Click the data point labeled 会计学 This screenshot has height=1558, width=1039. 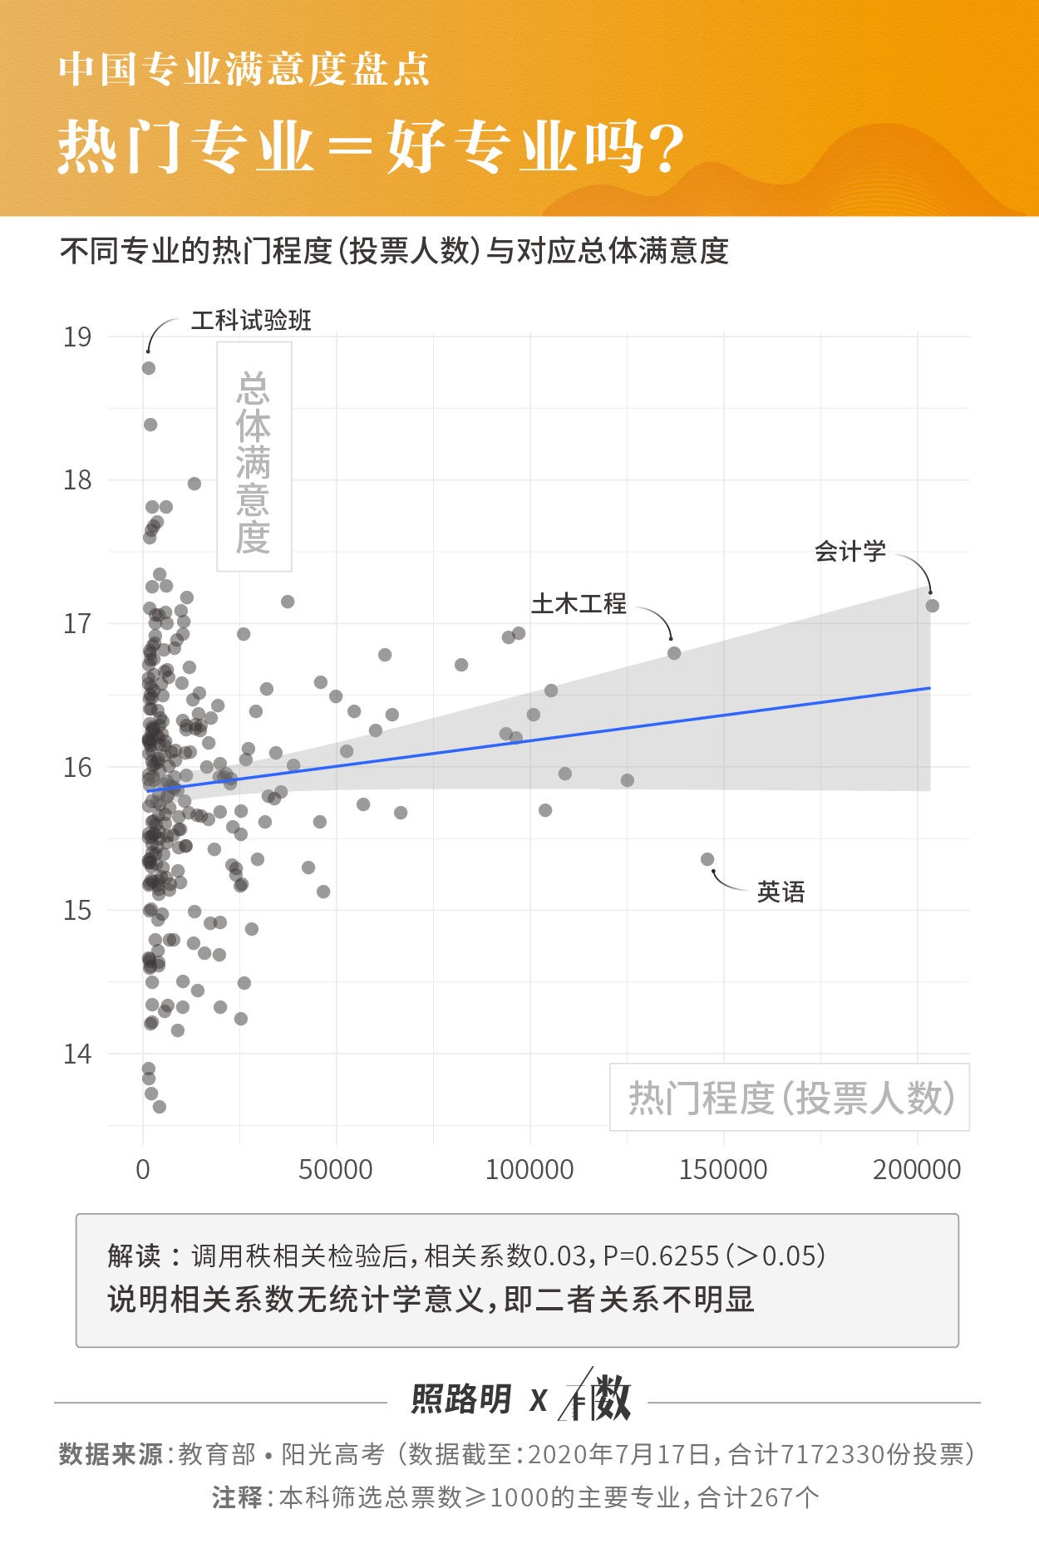click(x=932, y=606)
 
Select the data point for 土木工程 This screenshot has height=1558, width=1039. click(x=674, y=653)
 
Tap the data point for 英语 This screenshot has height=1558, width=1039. click(x=707, y=859)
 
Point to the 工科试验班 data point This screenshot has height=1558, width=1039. click(x=149, y=368)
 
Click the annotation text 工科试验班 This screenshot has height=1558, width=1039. click(x=251, y=321)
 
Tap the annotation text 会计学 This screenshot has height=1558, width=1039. click(x=849, y=552)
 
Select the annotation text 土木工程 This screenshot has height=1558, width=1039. click(x=579, y=603)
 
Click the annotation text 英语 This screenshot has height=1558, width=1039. click(x=780, y=892)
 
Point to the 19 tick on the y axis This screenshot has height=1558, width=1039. click(x=77, y=337)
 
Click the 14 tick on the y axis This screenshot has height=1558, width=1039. click(x=77, y=1054)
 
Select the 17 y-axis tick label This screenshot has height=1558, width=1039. click(x=77, y=624)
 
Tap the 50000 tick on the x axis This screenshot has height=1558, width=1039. click(x=336, y=1170)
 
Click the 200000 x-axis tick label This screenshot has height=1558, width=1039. click(x=916, y=1170)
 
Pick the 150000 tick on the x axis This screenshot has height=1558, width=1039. click(x=723, y=1170)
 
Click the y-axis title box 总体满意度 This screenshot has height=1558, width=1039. click(x=254, y=457)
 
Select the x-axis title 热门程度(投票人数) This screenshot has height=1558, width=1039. click(x=790, y=1098)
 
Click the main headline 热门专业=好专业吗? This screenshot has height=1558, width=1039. click(x=371, y=148)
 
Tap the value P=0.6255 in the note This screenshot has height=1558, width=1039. click(x=661, y=1256)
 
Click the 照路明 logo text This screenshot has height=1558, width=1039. click(x=461, y=1399)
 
